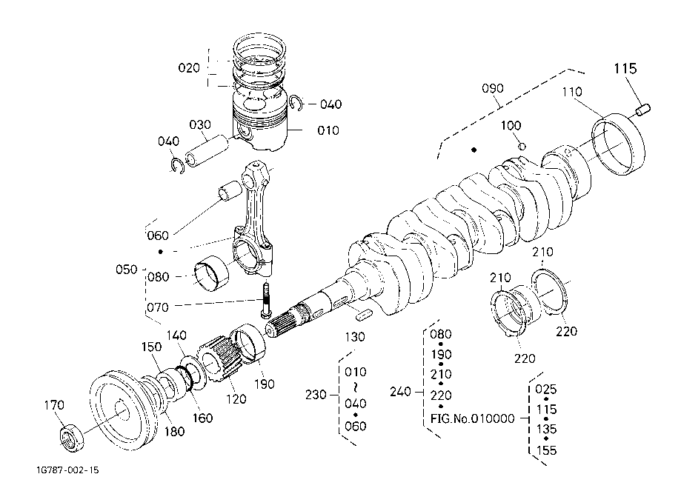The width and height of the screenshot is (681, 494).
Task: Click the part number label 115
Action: coord(625,69)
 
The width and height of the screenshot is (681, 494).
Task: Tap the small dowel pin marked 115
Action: coord(643,110)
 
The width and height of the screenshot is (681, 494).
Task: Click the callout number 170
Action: coord(54,405)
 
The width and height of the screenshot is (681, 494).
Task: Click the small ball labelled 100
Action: coord(522,147)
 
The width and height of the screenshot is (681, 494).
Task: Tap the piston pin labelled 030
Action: coord(206,152)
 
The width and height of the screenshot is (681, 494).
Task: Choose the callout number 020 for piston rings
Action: coord(189,67)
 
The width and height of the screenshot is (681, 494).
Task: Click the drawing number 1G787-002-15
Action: coord(67,470)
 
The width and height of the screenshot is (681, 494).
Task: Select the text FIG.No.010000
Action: coord(472,418)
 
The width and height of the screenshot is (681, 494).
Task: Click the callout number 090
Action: coord(493,88)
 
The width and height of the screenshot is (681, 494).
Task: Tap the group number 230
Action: coord(316,395)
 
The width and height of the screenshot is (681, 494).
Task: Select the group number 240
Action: coord(400,392)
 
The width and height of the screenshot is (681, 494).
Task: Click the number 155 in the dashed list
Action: coord(546,450)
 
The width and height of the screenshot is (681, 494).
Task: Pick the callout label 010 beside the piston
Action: coord(328,130)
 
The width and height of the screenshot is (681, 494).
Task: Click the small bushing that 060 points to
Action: coord(230,191)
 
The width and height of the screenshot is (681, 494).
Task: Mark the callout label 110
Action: coord(572,92)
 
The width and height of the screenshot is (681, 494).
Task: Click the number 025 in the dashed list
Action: coord(546,389)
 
